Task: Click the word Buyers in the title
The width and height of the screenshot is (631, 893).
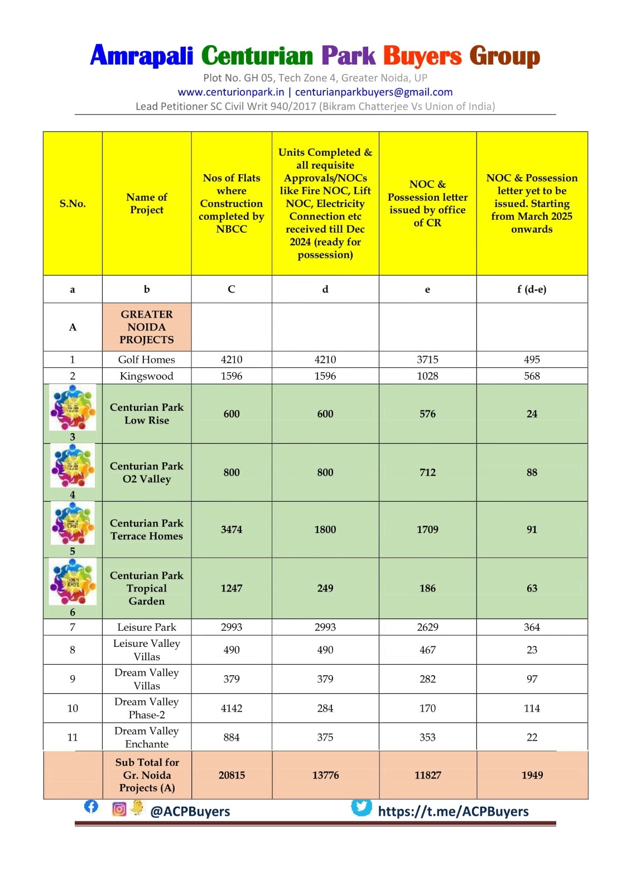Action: click(x=422, y=56)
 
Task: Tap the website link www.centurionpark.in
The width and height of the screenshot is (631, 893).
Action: click(x=231, y=92)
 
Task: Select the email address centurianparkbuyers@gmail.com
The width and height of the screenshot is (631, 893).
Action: click(x=374, y=92)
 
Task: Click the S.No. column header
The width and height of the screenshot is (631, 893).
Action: click(x=73, y=204)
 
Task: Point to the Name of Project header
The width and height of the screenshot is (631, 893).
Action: click(x=147, y=204)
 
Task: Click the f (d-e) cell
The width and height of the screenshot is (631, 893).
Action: click(x=532, y=289)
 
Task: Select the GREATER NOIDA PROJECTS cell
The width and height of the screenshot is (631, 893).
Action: click(x=147, y=327)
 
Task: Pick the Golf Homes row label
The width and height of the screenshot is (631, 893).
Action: click(x=147, y=359)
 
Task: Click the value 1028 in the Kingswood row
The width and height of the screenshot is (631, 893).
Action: click(x=427, y=376)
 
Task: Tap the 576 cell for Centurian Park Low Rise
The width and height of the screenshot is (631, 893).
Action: click(x=427, y=414)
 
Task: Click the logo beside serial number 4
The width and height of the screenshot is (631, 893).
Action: click(x=73, y=467)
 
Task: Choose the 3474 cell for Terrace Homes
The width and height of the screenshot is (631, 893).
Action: click(x=232, y=530)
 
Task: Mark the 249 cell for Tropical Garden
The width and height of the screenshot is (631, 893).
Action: click(x=325, y=588)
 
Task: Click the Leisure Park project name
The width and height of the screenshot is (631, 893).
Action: click(x=147, y=627)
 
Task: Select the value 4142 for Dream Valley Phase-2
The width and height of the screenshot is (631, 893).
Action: click(x=232, y=708)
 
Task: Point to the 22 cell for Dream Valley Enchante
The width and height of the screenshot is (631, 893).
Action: click(x=532, y=737)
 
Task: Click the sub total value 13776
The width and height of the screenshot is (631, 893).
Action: click(x=325, y=775)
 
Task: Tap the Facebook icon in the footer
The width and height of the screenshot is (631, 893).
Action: click(x=91, y=806)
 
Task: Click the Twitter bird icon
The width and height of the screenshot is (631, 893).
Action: click(x=361, y=807)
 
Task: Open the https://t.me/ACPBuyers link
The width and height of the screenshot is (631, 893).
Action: click(x=453, y=812)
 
